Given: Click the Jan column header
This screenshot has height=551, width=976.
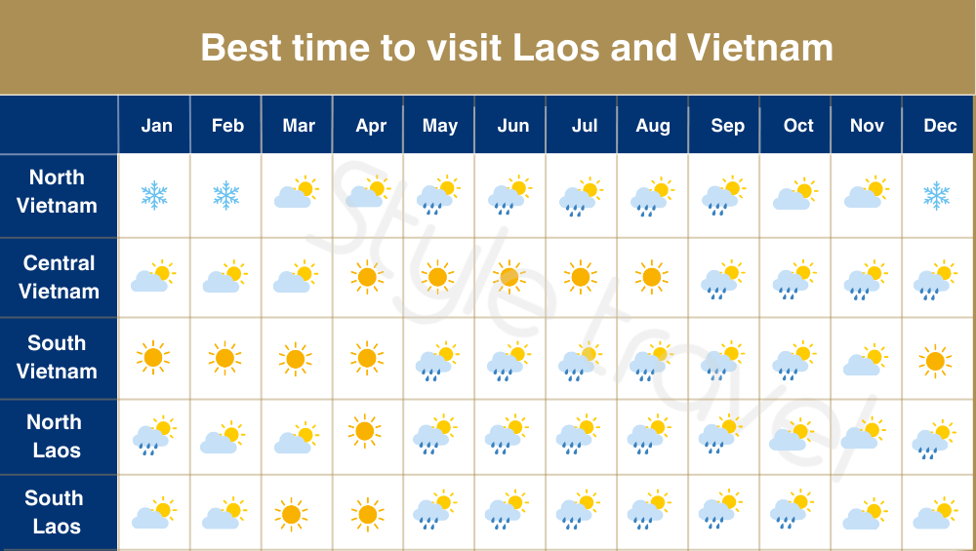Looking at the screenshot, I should (156, 126).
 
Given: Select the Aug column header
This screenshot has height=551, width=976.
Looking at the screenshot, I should (652, 126).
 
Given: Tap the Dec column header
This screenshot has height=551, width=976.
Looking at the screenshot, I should (939, 126).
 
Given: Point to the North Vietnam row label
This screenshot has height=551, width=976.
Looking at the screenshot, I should (58, 192).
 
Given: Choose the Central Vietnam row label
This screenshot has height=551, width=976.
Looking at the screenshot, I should (59, 277).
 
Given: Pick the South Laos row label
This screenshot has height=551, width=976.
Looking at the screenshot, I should (55, 512).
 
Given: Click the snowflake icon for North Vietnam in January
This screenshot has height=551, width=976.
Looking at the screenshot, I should (154, 195).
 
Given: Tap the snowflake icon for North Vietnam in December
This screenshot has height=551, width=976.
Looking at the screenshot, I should (937, 195).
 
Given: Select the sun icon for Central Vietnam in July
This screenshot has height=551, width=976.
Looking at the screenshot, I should (580, 277).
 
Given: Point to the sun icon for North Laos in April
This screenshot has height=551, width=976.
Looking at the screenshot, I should (365, 429).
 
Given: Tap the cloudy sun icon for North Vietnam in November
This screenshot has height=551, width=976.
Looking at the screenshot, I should (866, 193).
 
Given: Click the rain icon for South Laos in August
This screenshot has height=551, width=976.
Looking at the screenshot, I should (649, 509).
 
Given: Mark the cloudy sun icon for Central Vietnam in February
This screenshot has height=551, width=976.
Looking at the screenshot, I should (224, 278).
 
